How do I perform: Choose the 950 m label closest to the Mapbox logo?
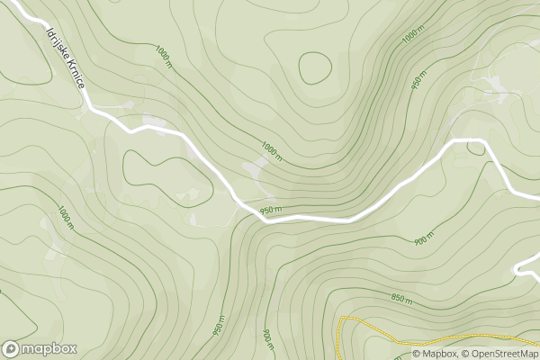click(x=219, y=326)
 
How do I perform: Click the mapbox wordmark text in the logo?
click(x=49, y=348)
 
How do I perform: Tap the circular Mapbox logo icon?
click(x=11, y=349)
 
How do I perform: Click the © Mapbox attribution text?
click(x=435, y=354)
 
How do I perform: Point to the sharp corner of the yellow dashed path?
click(x=341, y=319)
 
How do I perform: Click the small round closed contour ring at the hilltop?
click(x=315, y=68)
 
